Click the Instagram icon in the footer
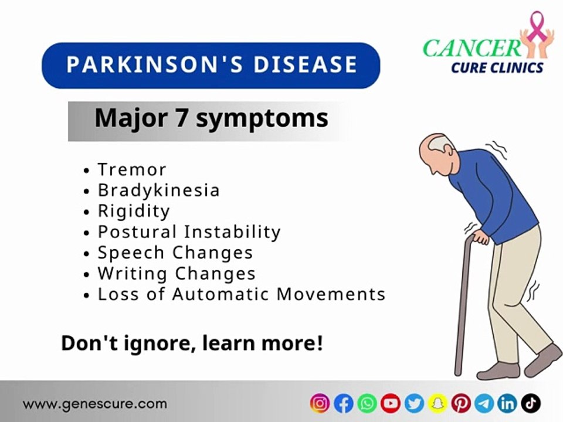(x=320, y=403)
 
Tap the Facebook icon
(x=343, y=403)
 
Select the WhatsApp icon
(x=367, y=403)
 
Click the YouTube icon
(x=391, y=403)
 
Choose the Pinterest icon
(x=461, y=403)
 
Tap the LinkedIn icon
(x=508, y=403)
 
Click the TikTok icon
(x=531, y=403)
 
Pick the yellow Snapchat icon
(x=437, y=403)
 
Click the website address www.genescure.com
(x=95, y=404)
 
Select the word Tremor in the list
(x=132, y=169)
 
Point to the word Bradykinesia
(x=158, y=190)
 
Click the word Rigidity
(x=134, y=210)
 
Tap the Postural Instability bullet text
(x=189, y=232)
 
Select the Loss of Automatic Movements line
(x=241, y=294)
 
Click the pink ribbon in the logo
(x=534, y=27)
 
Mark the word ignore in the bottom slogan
(x=159, y=343)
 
